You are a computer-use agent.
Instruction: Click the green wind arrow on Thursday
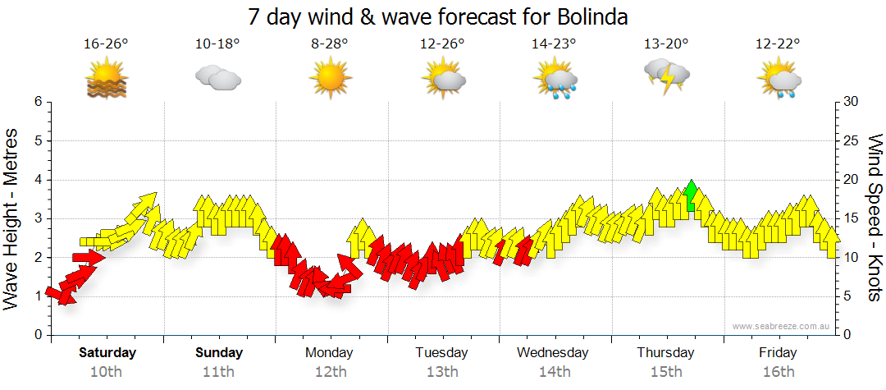(691, 195)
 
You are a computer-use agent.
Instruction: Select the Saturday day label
(107, 352)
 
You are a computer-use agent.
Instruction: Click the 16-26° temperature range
(107, 44)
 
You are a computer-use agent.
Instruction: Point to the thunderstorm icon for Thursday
(667, 76)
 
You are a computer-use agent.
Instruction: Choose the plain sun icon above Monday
(331, 78)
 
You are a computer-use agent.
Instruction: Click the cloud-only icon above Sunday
(218, 79)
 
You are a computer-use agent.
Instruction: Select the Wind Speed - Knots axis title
(875, 218)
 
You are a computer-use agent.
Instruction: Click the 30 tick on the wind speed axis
(852, 102)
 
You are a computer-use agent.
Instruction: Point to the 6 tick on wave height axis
(37, 102)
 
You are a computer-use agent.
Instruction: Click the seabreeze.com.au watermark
(783, 326)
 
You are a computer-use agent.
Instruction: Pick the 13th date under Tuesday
(442, 372)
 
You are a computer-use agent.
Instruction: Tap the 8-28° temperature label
(331, 44)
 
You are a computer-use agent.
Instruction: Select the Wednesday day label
(552, 352)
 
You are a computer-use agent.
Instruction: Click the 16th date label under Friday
(778, 372)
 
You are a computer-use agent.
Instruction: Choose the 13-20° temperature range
(666, 44)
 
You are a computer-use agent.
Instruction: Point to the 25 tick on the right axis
(852, 140)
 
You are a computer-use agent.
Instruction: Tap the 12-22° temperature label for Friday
(778, 44)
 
